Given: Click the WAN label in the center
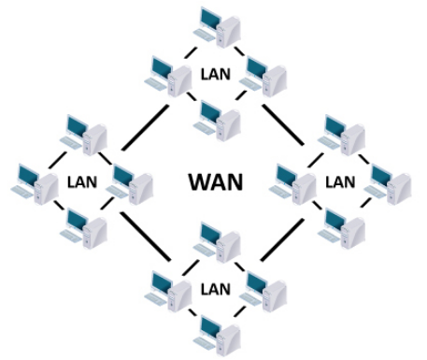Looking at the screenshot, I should click(215, 180).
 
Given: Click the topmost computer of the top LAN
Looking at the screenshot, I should click(214, 26).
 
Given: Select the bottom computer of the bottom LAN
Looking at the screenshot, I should click(214, 331).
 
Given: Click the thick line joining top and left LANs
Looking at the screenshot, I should click(145, 125).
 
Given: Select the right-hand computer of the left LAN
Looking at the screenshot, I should click(128, 183).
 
